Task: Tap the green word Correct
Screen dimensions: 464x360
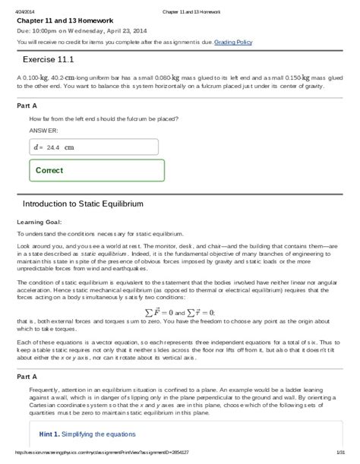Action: coord(49,170)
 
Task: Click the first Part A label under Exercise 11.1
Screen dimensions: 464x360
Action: coord(27,106)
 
